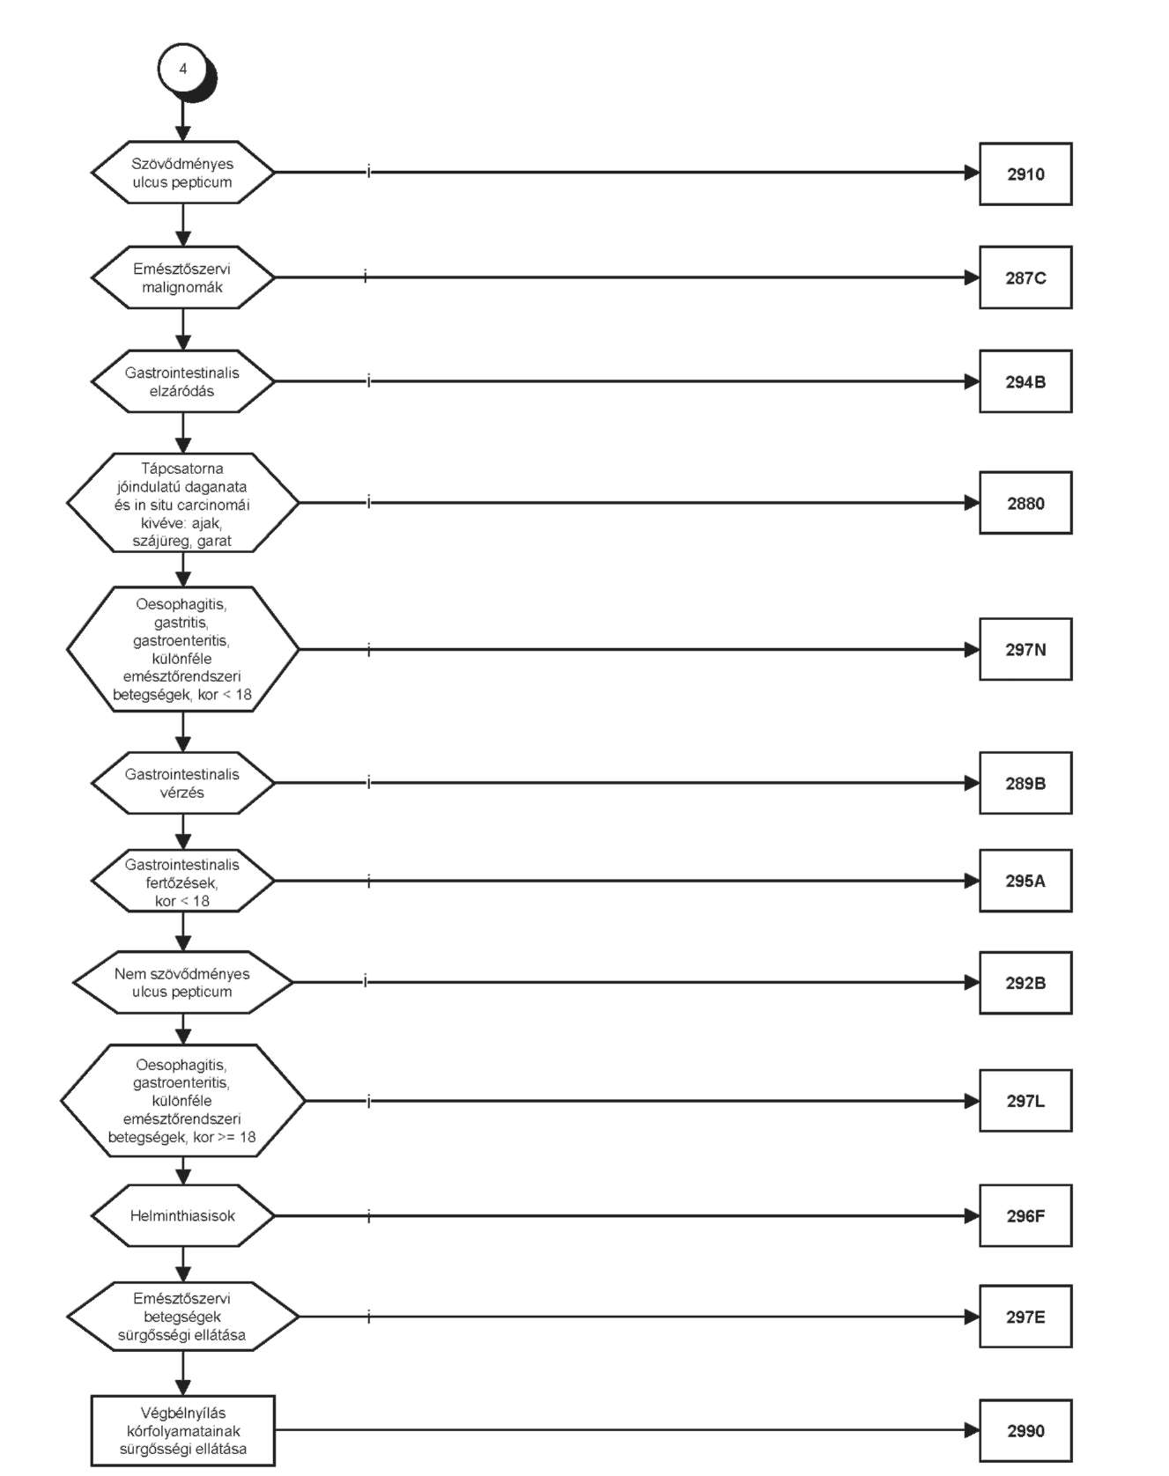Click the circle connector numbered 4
(x=183, y=69)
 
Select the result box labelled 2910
(x=1025, y=173)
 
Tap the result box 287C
(x=1025, y=277)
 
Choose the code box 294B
(x=1025, y=381)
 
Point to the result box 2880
(x=1025, y=503)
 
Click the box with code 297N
(x=1025, y=649)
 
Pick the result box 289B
(x=1025, y=783)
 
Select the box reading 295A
(x=1025, y=881)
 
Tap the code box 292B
(x=1025, y=983)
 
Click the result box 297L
(x=1025, y=1101)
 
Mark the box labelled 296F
(x=1025, y=1216)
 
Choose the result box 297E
(x=1025, y=1317)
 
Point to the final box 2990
(x=1025, y=1431)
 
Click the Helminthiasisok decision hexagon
(x=182, y=1216)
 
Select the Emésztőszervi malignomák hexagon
(x=182, y=277)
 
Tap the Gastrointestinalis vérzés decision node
(x=182, y=783)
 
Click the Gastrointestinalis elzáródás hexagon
(x=182, y=381)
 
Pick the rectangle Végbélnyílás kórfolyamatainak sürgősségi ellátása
(x=182, y=1431)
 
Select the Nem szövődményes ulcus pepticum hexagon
(x=182, y=983)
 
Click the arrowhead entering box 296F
(x=972, y=1216)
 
